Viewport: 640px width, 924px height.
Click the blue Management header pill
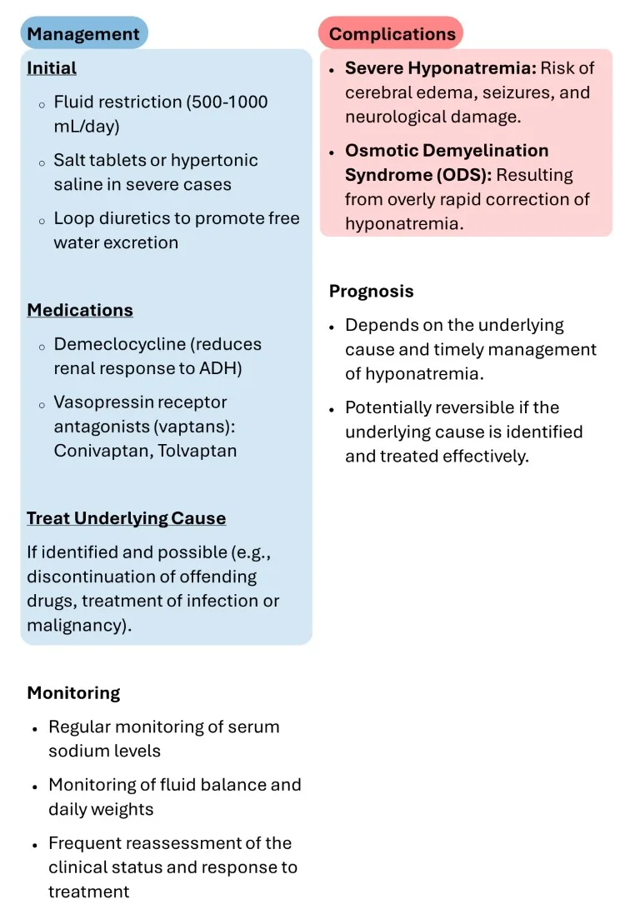tap(83, 33)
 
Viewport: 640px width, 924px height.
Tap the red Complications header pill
tap(392, 33)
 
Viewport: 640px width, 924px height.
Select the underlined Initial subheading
tap(52, 68)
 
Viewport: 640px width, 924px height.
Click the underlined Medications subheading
tap(80, 311)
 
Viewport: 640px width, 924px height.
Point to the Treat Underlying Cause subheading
tap(126, 518)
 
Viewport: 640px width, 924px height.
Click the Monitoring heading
tap(73, 693)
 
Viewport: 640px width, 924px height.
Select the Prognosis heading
tap(372, 291)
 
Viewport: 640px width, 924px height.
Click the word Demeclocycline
tap(120, 344)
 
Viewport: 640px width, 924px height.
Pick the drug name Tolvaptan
tap(197, 451)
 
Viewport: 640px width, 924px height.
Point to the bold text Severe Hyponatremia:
tap(441, 68)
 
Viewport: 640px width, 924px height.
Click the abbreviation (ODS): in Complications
tap(464, 175)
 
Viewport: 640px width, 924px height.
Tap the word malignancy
tap(76, 625)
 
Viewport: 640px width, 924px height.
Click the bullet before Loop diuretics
tap(42, 222)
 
